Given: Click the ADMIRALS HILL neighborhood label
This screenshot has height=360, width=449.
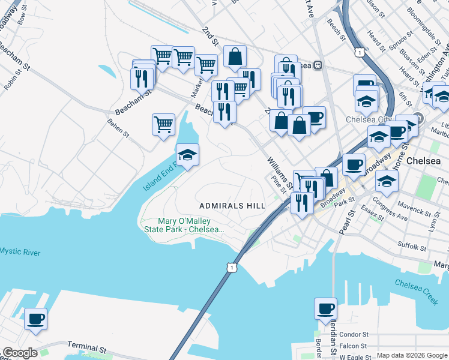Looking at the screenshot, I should (x=232, y=206).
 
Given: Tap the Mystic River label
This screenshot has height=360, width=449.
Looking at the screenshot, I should (x=20, y=252).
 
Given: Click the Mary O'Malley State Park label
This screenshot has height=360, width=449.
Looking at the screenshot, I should (x=184, y=226).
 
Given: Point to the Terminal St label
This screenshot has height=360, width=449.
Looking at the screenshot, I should (x=86, y=347).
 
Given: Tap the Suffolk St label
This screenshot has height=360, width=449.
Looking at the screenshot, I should (x=411, y=246).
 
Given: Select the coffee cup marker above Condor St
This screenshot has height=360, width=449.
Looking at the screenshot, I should (x=325, y=308).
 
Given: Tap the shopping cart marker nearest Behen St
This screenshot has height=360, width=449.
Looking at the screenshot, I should (x=163, y=125).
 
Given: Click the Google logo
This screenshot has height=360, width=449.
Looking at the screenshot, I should (x=20, y=353).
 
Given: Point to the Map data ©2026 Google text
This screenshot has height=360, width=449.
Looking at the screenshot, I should (x=412, y=355).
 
